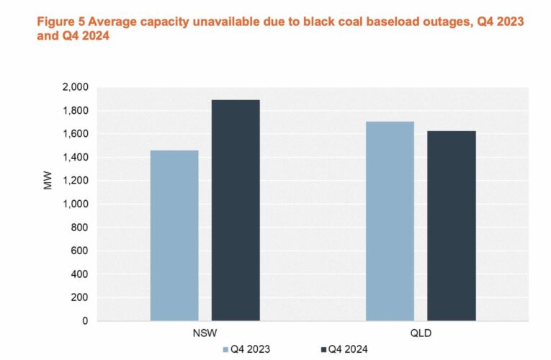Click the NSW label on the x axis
click(x=205, y=334)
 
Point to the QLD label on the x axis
click(x=420, y=334)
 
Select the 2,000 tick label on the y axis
click(x=74, y=87)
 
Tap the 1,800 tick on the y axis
click(x=74, y=111)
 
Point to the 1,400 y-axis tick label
click(x=74, y=158)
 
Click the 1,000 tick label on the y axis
click(x=74, y=204)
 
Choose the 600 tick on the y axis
click(x=79, y=251)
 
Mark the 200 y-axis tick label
click(x=79, y=297)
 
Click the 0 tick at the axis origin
click(x=84, y=321)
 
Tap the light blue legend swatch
click(x=225, y=349)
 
